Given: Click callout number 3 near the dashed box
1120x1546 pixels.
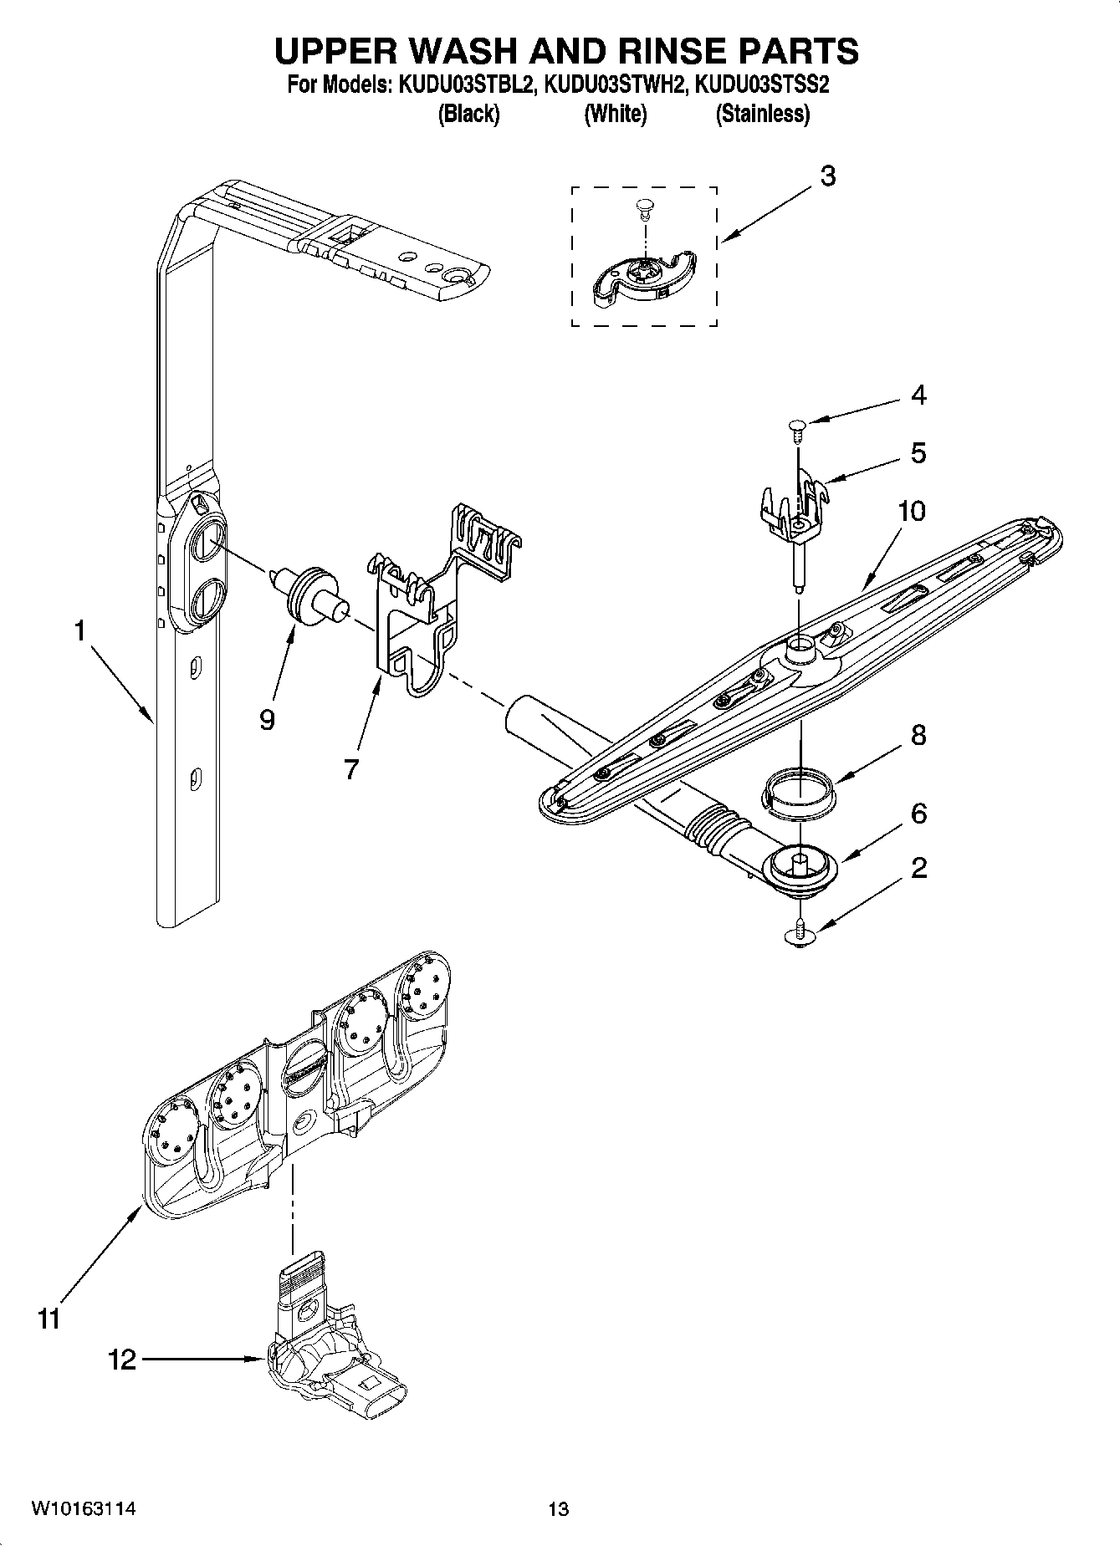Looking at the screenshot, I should click(x=827, y=176).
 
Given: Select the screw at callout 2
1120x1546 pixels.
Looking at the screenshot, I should click(x=801, y=934).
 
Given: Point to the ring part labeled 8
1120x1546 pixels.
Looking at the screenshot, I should click(x=800, y=790).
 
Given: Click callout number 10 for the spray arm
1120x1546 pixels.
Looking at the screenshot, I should click(x=912, y=511).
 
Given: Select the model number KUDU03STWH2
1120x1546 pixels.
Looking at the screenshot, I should click(x=614, y=84).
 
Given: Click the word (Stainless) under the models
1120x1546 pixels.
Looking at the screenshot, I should click(x=762, y=115).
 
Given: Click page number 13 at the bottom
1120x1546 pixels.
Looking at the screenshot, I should click(x=558, y=1509).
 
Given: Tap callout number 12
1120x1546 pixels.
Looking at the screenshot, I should click(x=121, y=1360).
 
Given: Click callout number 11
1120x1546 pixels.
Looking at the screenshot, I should click(x=49, y=1319).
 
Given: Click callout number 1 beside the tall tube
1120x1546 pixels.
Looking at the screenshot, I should click(x=80, y=630).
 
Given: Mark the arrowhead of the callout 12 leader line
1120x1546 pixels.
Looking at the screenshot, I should click(x=261, y=1360).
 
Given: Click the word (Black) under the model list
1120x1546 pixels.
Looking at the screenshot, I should click(x=468, y=115).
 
